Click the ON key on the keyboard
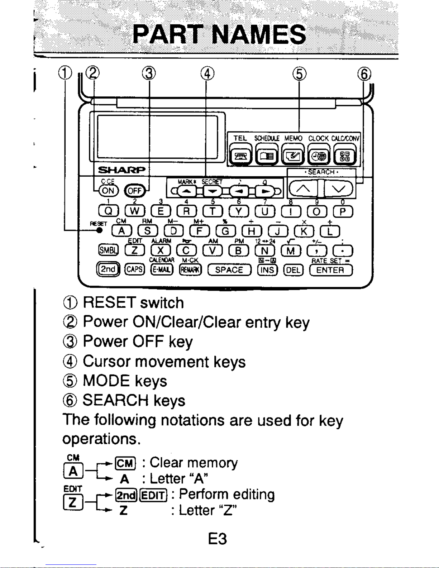(108, 191)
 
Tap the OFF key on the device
(135, 191)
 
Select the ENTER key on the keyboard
(331, 270)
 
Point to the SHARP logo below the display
(121, 170)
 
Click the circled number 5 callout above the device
(299, 74)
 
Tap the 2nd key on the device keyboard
(108, 269)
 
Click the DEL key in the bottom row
(294, 270)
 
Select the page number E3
(217, 539)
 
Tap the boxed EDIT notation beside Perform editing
(153, 495)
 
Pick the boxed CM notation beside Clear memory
(125, 463)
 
